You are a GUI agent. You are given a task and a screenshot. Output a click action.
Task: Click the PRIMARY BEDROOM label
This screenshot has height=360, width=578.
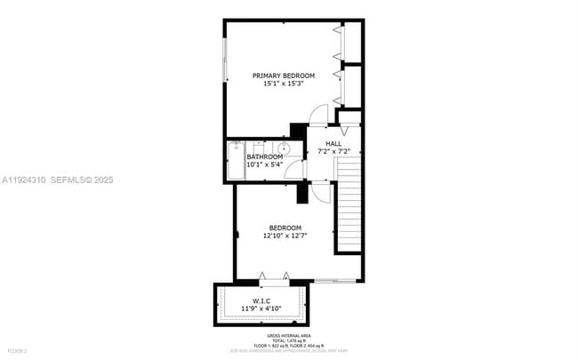pyautogui.click(x=284, y=76)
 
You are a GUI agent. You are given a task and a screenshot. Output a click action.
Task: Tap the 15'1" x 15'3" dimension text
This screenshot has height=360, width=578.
pyautogui.click(x=284, y=84)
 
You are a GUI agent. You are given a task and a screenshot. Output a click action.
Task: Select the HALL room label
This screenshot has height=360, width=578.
pyautogui.click(x=333, y=144)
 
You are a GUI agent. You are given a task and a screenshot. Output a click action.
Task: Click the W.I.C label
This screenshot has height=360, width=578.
pyautogui.click(x=261, y=300)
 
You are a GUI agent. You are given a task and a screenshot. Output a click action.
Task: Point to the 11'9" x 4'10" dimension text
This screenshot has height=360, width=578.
pyautogui.click(x=261, y=308)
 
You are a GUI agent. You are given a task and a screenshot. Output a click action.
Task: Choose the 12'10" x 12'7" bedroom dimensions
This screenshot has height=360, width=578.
pyautogui.click(x=285, y=236)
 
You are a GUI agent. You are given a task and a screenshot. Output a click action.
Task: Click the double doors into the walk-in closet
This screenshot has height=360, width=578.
pyautogui.click(x=274, y=277)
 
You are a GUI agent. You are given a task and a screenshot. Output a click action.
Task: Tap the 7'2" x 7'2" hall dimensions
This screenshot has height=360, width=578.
pyautogui.click(x=333, y=152)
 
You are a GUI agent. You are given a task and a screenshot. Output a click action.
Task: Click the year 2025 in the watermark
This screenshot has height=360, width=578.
pyautogui.click(x=103, y=180)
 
